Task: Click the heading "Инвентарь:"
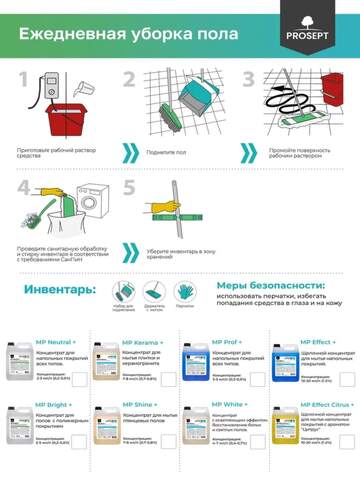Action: click(x=58, y=289)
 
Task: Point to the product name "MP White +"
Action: click(x=230, y=406)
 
